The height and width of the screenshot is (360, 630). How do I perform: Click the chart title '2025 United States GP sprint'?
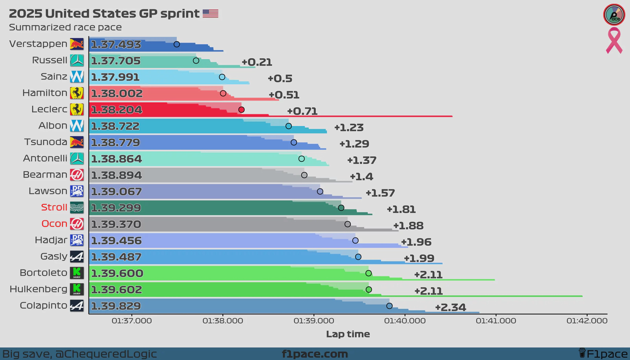point(104,14)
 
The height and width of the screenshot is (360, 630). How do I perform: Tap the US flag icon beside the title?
point(210,14)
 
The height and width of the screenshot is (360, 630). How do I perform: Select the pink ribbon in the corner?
point(614,41)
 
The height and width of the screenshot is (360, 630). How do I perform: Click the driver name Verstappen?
point(38,44)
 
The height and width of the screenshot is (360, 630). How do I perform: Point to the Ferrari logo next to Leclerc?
point(77,109)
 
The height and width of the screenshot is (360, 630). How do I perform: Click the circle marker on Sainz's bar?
point(222,77)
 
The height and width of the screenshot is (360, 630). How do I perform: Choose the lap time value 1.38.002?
point(117,94)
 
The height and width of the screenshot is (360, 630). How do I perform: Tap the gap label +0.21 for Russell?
point(257,62)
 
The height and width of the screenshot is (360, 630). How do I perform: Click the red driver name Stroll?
point(54,207)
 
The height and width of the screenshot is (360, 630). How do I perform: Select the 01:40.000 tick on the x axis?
point(405,321)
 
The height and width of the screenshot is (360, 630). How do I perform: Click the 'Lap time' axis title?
point(348,334)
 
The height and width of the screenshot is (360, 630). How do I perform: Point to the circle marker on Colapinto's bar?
point(389,306)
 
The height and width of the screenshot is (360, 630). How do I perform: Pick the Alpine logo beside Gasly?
point(77,257)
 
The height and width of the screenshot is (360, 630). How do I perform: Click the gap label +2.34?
point(450,307)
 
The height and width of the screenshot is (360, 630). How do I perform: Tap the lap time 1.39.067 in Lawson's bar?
point(117,192)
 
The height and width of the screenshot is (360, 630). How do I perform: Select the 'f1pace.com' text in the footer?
point(315,354)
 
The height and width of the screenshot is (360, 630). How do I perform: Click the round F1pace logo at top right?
point(614,15)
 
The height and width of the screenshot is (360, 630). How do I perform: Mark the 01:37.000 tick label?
point(132,321)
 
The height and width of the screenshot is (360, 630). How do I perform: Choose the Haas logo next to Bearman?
point(77,174)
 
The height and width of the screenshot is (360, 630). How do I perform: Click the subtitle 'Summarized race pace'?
point(65,28)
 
